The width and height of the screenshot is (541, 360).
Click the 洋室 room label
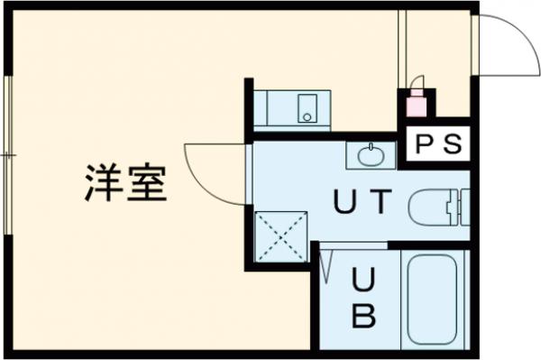click(x=125, y=183)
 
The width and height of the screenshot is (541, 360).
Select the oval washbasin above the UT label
click(x=371, y=156)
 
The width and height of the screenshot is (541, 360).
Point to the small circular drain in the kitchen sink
click(x=307, y=115)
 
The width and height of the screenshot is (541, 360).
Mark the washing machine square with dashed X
click(x=280, y=236)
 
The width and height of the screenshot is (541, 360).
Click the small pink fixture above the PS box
click(x=416, y=104)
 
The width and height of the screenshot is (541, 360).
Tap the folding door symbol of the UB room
click(x=327, y=266)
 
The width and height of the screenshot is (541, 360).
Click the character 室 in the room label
click(x=147, y=183)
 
